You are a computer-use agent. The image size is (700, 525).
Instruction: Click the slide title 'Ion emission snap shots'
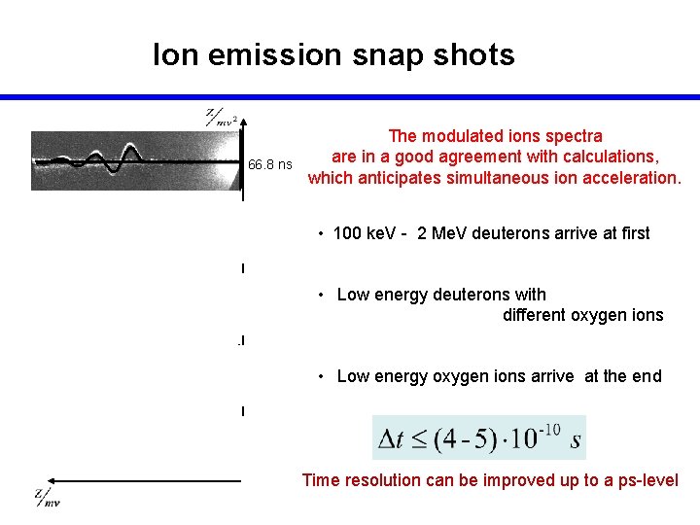(x=333, y=54)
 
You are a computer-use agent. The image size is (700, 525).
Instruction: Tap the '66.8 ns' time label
(x=269, y=165)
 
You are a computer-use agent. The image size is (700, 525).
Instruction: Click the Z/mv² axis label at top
(x=221, y=119)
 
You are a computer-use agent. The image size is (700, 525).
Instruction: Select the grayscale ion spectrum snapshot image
(x=136, y=160)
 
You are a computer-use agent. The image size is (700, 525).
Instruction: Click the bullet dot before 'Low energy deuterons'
(x=322, y=295)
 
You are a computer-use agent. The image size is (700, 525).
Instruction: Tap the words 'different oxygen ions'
(x=582, y=315)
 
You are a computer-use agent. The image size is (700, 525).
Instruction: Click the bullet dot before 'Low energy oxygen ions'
(x=322, y=376)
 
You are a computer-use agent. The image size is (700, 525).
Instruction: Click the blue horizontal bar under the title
(x=350, y=97)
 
